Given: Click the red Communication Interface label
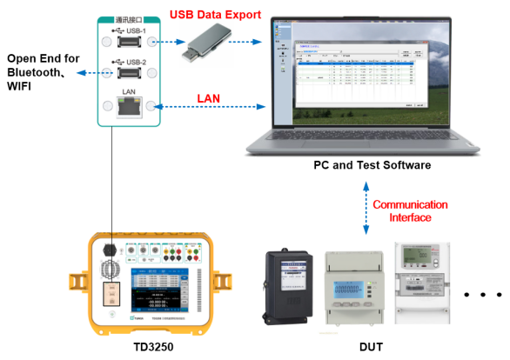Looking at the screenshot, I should (410, 210).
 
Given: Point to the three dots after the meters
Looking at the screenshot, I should (482, 295).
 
